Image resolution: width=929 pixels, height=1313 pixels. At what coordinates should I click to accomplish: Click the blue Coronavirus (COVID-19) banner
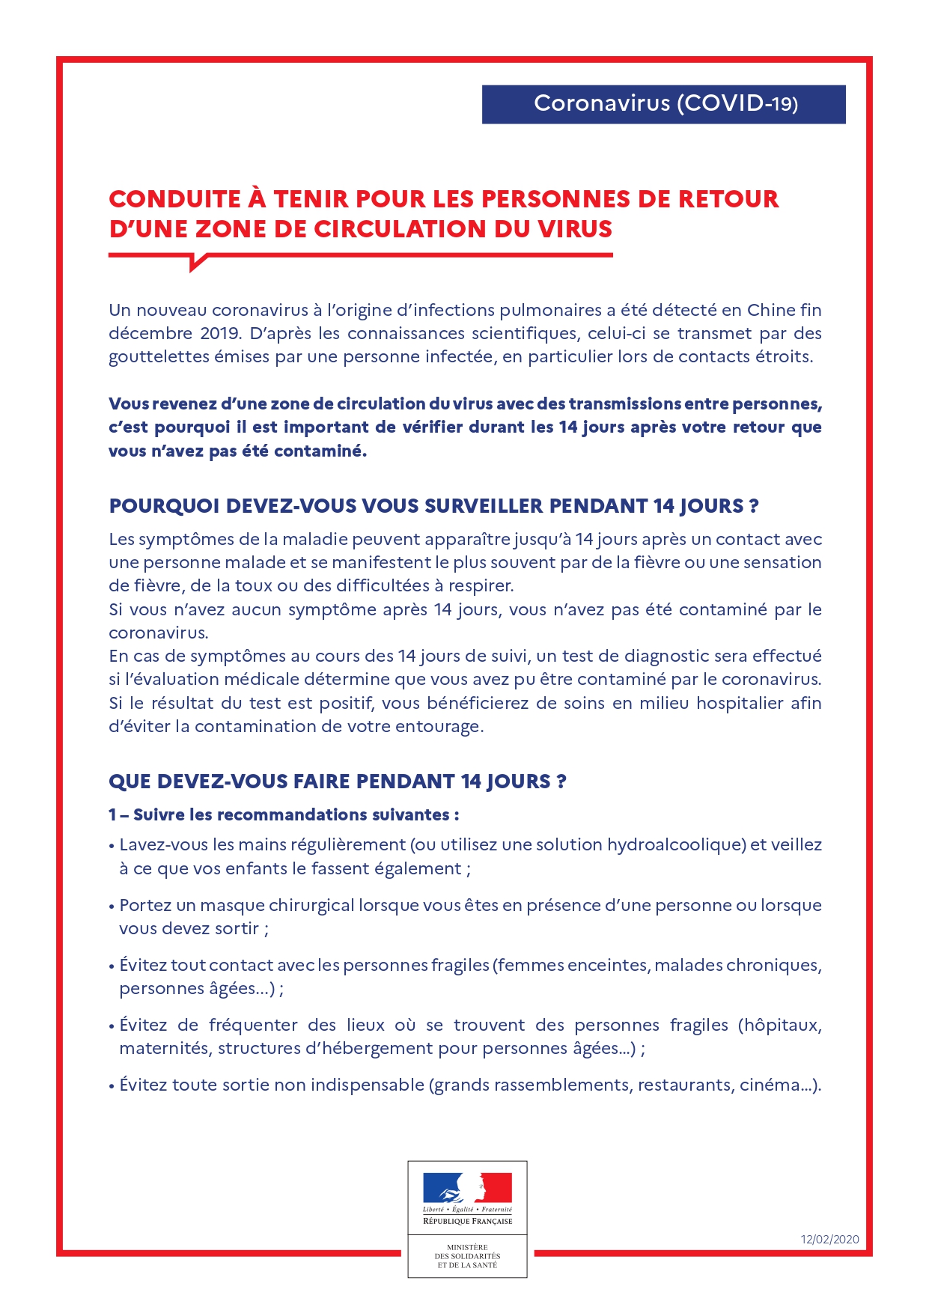click(x=663, y=104)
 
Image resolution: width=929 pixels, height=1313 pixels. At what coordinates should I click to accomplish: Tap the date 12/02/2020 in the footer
click(x=829, y=1239)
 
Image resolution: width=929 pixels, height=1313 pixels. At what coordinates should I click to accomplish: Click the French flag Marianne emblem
click(x=467, y=1187)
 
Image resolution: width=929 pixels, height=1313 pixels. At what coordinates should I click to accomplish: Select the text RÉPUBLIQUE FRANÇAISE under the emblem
click(x=467, y=1221)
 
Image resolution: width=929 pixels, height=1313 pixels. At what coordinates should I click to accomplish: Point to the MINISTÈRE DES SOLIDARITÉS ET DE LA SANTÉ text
click(x=467, y=1256)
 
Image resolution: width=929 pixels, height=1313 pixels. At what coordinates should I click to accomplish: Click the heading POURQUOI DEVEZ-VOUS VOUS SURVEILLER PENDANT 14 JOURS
click(x=433, y=506)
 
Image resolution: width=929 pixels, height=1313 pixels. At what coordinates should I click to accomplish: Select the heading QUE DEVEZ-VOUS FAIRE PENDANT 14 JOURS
click(x=337, y=782)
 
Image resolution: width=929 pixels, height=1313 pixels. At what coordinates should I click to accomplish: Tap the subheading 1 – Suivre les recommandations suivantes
click(x=284, y=814)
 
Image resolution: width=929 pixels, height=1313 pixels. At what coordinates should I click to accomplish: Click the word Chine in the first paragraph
click(x=770, y=310)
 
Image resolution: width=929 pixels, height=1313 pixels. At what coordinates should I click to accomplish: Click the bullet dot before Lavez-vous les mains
click(x=112, y=847)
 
